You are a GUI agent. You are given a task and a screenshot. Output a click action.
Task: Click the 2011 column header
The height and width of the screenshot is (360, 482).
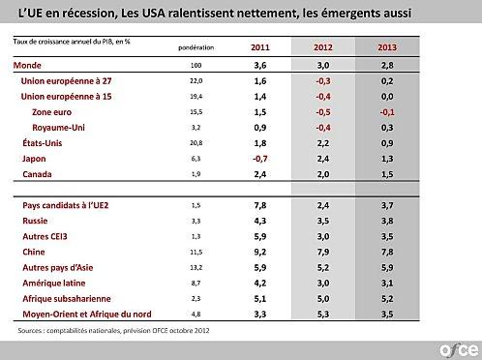(260, 46)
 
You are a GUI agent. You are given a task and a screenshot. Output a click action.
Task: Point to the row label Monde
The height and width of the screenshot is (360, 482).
(33, 64)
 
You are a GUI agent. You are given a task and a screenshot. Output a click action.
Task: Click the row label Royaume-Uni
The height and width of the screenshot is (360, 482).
(60, 128)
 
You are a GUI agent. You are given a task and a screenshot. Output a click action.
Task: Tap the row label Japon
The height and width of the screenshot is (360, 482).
(35, 158)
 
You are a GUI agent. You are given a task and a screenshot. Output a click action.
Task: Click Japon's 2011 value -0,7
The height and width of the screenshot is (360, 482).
(259, 158)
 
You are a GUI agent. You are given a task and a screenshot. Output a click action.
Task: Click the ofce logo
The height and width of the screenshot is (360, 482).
(456, 346)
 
